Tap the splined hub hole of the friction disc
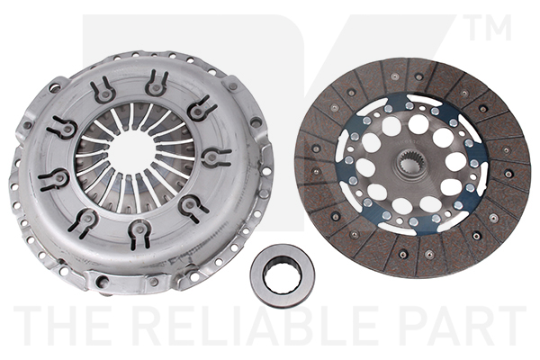(413, 163)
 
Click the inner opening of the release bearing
(283, 274)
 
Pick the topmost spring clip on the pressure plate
(156, 84)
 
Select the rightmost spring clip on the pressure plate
(214, 157)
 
